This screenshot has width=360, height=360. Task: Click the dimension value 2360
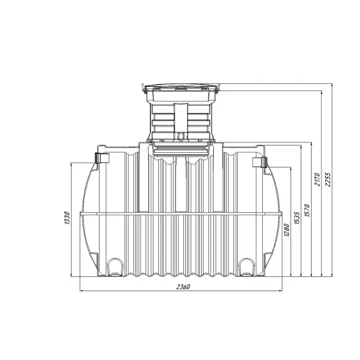[183, 287]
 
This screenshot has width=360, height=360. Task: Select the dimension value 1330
[67, 218]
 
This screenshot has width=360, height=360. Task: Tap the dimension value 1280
[287, 230]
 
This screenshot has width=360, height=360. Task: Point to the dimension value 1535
[297, 218]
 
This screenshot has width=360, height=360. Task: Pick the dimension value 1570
[307, 210]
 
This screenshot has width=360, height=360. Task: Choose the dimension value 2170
[317, 179]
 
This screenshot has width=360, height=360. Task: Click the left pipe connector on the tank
[101, 158]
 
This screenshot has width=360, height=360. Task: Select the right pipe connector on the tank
[260, 163]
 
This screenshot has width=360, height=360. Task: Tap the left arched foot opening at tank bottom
[115, 266]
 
